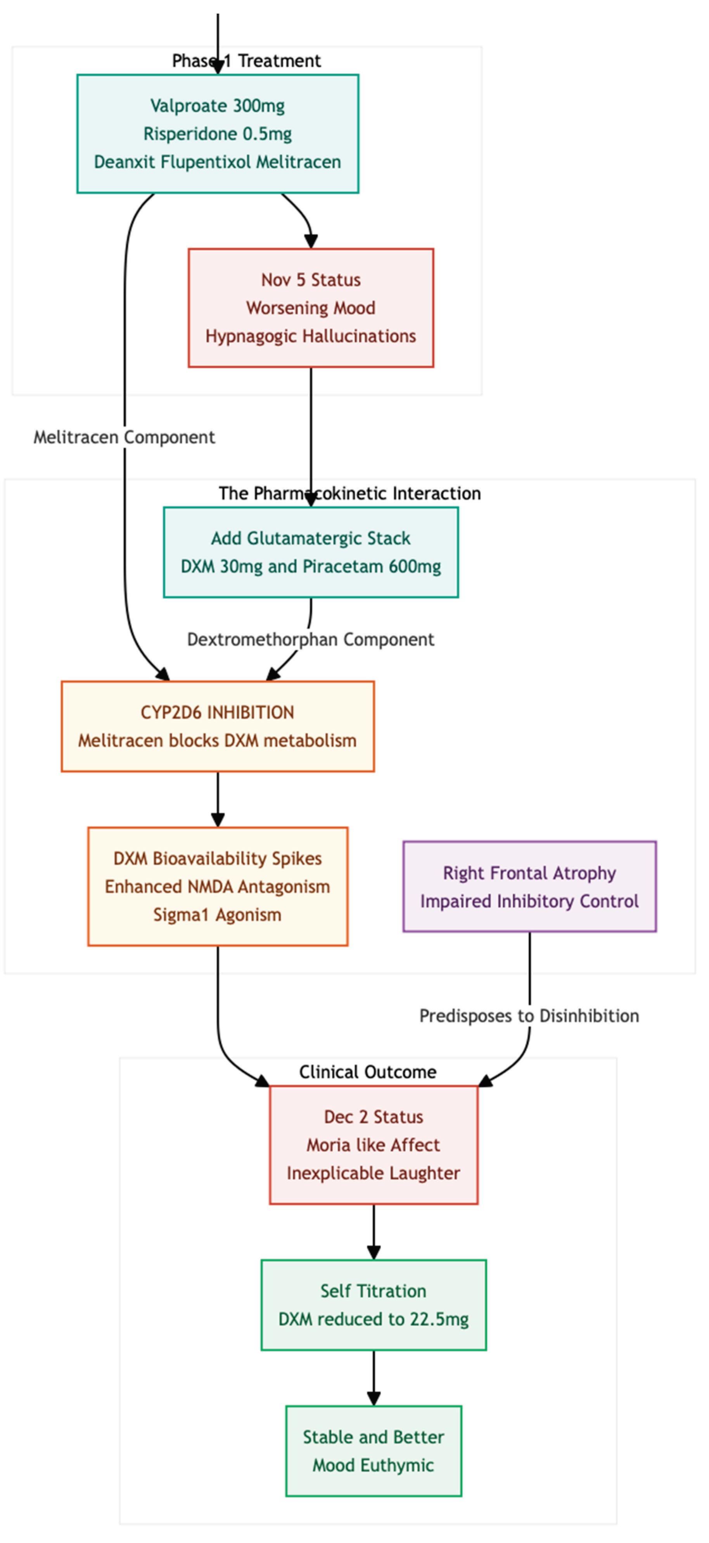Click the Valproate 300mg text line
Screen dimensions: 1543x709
coord(217,106)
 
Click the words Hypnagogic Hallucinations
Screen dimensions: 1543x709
coord(311,336)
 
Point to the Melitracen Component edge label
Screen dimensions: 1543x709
coord(124,437)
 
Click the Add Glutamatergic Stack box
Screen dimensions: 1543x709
coord(311,552)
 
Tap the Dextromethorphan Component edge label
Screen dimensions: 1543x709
coord(311,640)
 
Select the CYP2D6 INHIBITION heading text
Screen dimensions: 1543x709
coord(217,712)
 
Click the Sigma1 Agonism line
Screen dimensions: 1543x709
coord(217,914)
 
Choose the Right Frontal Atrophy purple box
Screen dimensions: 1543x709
coord(529,887)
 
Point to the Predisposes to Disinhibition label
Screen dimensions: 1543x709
coord(529,1016)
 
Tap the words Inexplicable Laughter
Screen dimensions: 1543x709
coord(374,1173)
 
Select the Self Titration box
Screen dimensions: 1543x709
coord(374,1305)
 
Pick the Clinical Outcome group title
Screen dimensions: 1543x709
coord(368,1072)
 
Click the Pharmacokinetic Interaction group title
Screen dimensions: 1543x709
coord(350,494)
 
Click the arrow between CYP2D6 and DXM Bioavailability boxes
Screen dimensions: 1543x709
coord(217,800)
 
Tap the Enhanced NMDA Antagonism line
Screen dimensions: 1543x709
coord(217,887)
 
